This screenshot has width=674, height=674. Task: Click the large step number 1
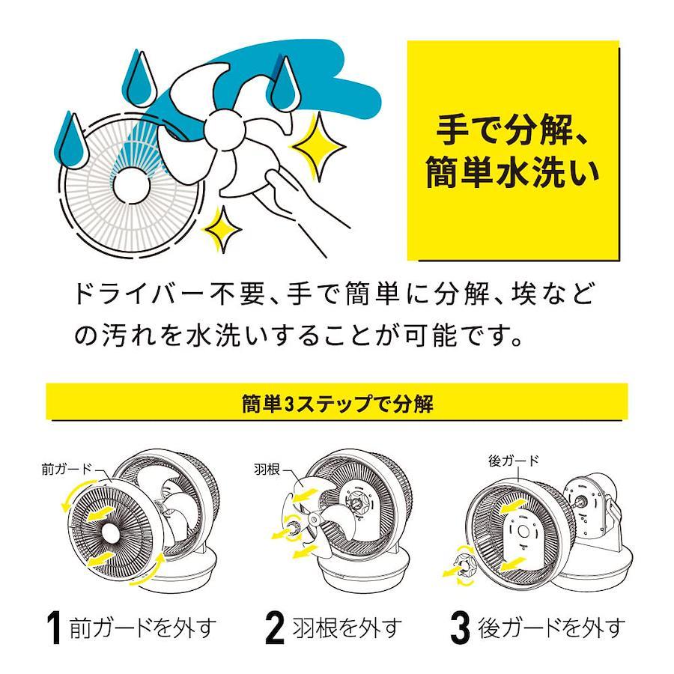(54, 628)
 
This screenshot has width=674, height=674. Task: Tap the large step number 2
(275, 628)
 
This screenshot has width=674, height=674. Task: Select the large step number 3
(461, 628)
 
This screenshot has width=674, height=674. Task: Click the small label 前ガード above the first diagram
(67, 469)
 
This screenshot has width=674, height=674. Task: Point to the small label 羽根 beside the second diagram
(267, 469)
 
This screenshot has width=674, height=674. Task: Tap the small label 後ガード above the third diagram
(513, 461)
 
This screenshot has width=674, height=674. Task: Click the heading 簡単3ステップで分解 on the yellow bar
(338, 404)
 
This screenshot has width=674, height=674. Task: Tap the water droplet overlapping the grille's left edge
(71, 141)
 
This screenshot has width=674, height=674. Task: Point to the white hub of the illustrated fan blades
(223, 129)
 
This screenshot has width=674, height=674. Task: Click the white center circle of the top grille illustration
(132, 185)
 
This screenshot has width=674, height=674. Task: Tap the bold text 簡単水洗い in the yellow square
(512, 173)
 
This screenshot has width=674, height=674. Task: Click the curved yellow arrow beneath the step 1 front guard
(148, 571)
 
